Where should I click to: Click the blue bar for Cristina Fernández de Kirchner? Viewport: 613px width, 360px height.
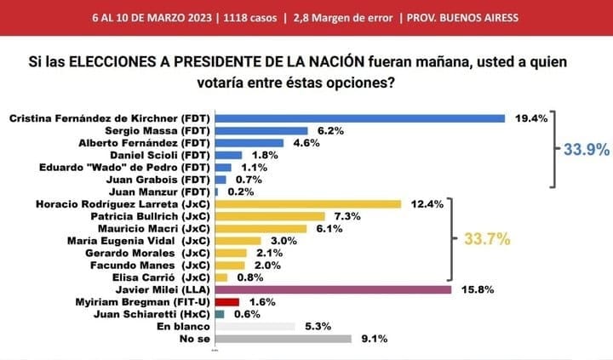point(360,118)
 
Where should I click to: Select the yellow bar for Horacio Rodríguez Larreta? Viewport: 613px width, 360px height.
point(308,204)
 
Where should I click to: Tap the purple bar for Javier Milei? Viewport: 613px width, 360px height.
point(333,289)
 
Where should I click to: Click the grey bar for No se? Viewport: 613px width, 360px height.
point(284,338)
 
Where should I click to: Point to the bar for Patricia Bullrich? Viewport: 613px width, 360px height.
point(272,216)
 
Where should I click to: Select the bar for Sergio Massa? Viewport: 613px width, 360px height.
point(261,131)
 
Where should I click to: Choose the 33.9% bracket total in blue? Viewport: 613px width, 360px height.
point(586,150)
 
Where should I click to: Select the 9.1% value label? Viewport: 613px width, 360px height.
point(374,339)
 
